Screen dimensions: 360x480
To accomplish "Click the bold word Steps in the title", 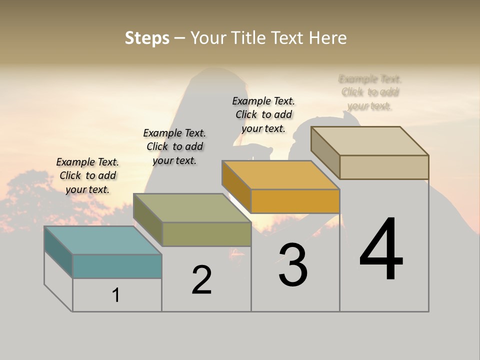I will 147,38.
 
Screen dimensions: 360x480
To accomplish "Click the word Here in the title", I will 328,38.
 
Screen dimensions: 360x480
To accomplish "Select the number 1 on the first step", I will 116,295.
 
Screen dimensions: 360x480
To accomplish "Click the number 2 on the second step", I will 201,280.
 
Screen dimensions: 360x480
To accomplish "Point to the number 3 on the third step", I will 293,265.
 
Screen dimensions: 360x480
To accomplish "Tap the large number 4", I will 381,250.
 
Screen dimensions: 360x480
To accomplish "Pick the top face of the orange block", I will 280,175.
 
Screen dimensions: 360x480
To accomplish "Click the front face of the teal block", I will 117,266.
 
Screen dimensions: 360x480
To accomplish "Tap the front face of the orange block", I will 295,201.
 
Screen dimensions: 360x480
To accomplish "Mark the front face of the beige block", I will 384,167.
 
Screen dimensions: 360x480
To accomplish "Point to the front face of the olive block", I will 206,234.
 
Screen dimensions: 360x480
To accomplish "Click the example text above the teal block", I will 87,175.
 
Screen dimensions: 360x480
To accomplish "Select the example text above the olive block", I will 174,146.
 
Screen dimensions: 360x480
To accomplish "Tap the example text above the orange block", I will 263,114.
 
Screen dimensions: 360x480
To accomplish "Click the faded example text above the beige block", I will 370,92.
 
